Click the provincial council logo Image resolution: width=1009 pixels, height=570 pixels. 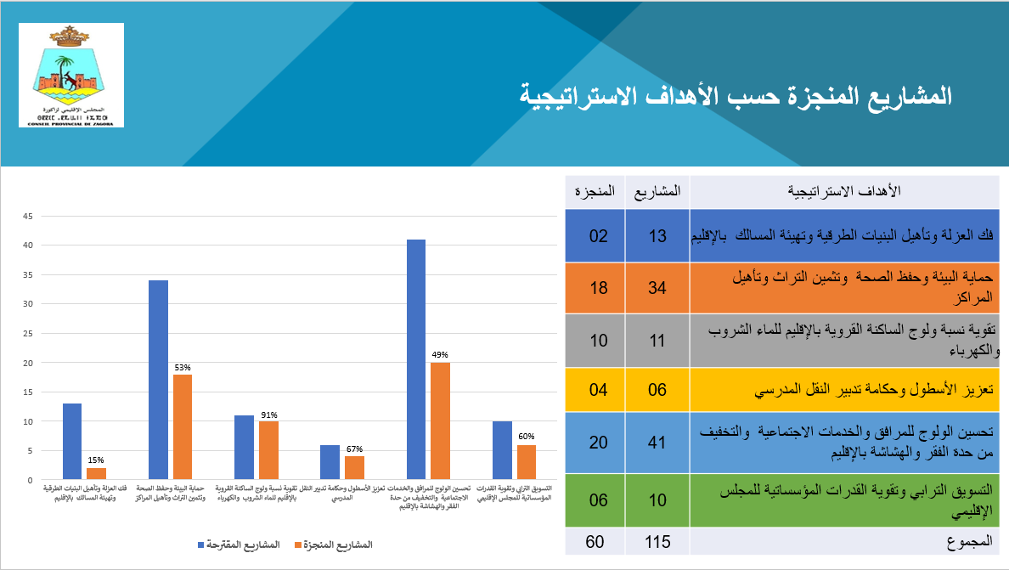(x=71, y=76)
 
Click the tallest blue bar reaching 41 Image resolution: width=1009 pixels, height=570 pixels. (x=416, y=358)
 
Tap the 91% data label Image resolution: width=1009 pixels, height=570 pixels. (x=269, y=415)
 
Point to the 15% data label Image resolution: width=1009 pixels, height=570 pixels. (x=97, y=460)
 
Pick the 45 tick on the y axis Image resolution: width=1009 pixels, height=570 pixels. (x=27, y=216)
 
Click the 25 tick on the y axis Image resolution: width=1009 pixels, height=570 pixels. (x=27, y=333)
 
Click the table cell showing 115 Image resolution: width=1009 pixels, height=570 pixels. (x=657, y=540)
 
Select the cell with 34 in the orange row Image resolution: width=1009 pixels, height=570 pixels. (x=657, y=289)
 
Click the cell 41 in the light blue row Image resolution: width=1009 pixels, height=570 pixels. (x=657, y=443)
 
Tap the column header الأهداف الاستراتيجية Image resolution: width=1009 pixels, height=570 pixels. (x=844, y=191)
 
